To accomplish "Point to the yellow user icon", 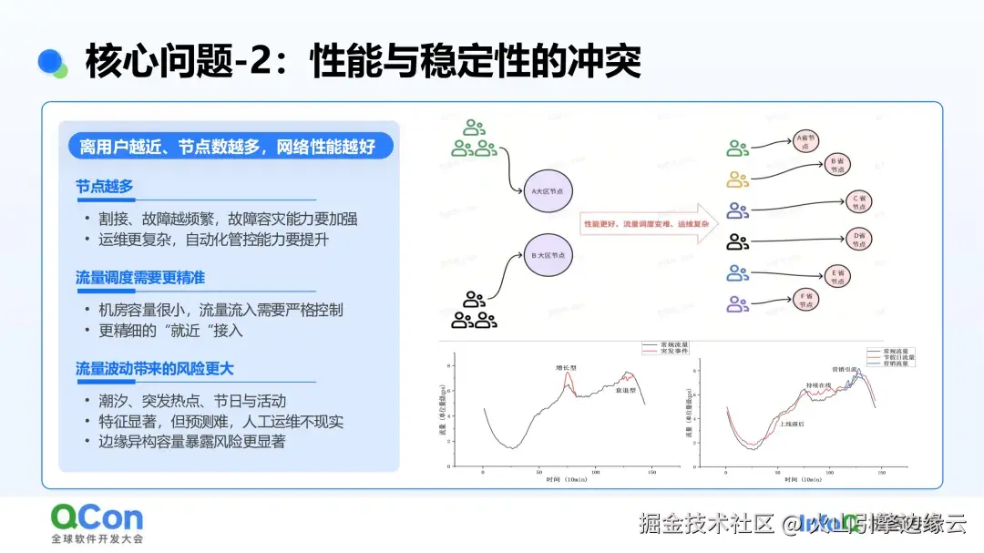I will (x=737, y=178).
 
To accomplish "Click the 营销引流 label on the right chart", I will (x=844, y=370).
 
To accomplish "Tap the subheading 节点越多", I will (x=104, y=187).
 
